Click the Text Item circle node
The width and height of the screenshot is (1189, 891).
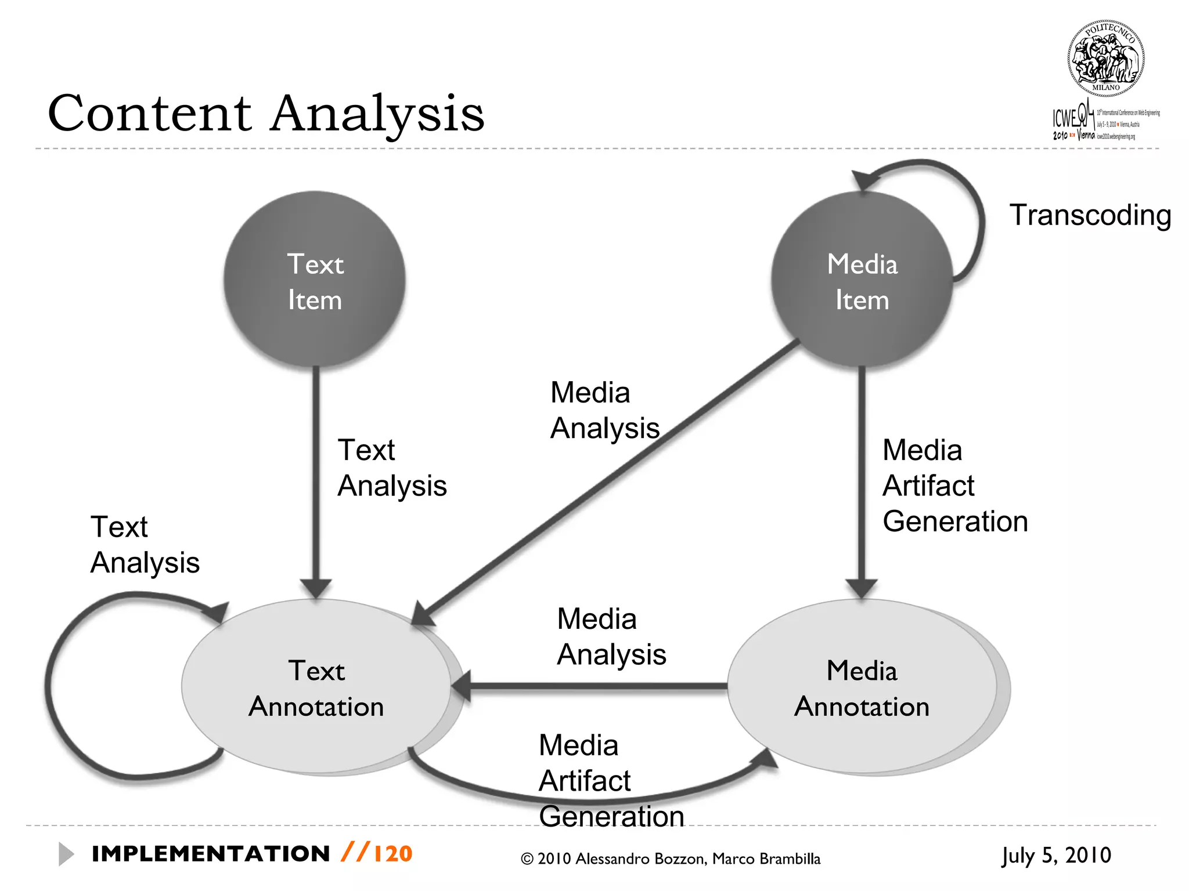[315, 281]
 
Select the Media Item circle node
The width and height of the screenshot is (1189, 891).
[862, 281]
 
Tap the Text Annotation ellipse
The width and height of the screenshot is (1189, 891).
[316, 687]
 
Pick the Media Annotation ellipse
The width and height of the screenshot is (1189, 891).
[863, 687]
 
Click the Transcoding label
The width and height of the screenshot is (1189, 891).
[1090, 215]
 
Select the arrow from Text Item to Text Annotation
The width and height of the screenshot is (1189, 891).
[316, 476]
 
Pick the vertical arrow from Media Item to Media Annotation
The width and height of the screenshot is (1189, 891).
[862, 476]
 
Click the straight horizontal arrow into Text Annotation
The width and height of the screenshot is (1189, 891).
[592, 686]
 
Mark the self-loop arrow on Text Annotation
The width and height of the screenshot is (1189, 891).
[52, 684]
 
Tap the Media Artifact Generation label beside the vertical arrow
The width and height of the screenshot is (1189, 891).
[954, 486]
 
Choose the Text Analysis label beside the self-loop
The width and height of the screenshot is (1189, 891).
[145, 545]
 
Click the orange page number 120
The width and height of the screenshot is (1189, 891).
[392, 854]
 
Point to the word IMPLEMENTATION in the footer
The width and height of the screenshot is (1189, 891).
[211, 854]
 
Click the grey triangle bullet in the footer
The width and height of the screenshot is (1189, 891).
[66, 854]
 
